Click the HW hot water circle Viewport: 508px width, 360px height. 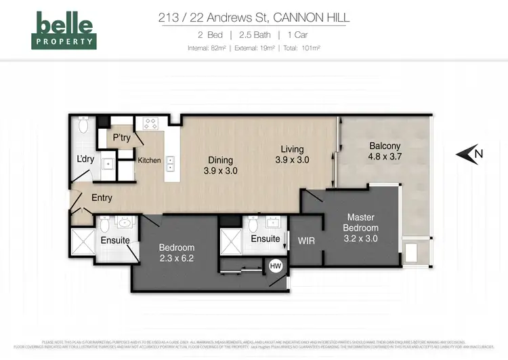(x=276, y=266)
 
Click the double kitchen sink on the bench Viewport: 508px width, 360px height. (x=169, y=163)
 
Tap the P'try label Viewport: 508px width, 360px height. (x=122, y=138)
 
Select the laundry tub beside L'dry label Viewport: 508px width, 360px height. (x=106, y=165)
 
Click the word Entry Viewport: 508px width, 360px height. (x=102, y=198)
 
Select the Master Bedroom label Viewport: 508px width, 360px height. (x=360, y=222)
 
